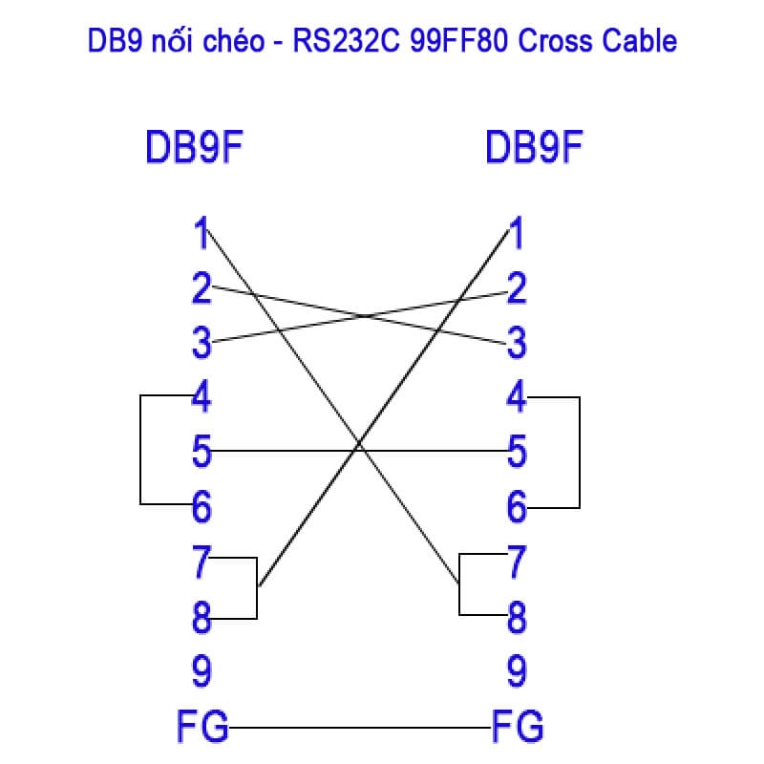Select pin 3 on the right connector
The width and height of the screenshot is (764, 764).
[517, 342]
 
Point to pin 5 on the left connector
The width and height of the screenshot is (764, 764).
[201, 452]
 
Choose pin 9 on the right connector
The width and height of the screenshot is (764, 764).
[517, 672]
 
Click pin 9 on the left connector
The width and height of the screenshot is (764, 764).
[201, 672]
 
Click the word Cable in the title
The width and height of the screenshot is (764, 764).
[641, 42]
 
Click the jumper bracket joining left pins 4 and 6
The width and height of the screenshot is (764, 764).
[141, 450]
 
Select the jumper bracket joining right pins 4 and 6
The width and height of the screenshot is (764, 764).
[579, 452]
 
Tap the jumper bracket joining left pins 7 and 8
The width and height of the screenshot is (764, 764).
[257, 587]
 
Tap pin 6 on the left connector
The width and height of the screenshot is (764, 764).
[201, 506]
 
